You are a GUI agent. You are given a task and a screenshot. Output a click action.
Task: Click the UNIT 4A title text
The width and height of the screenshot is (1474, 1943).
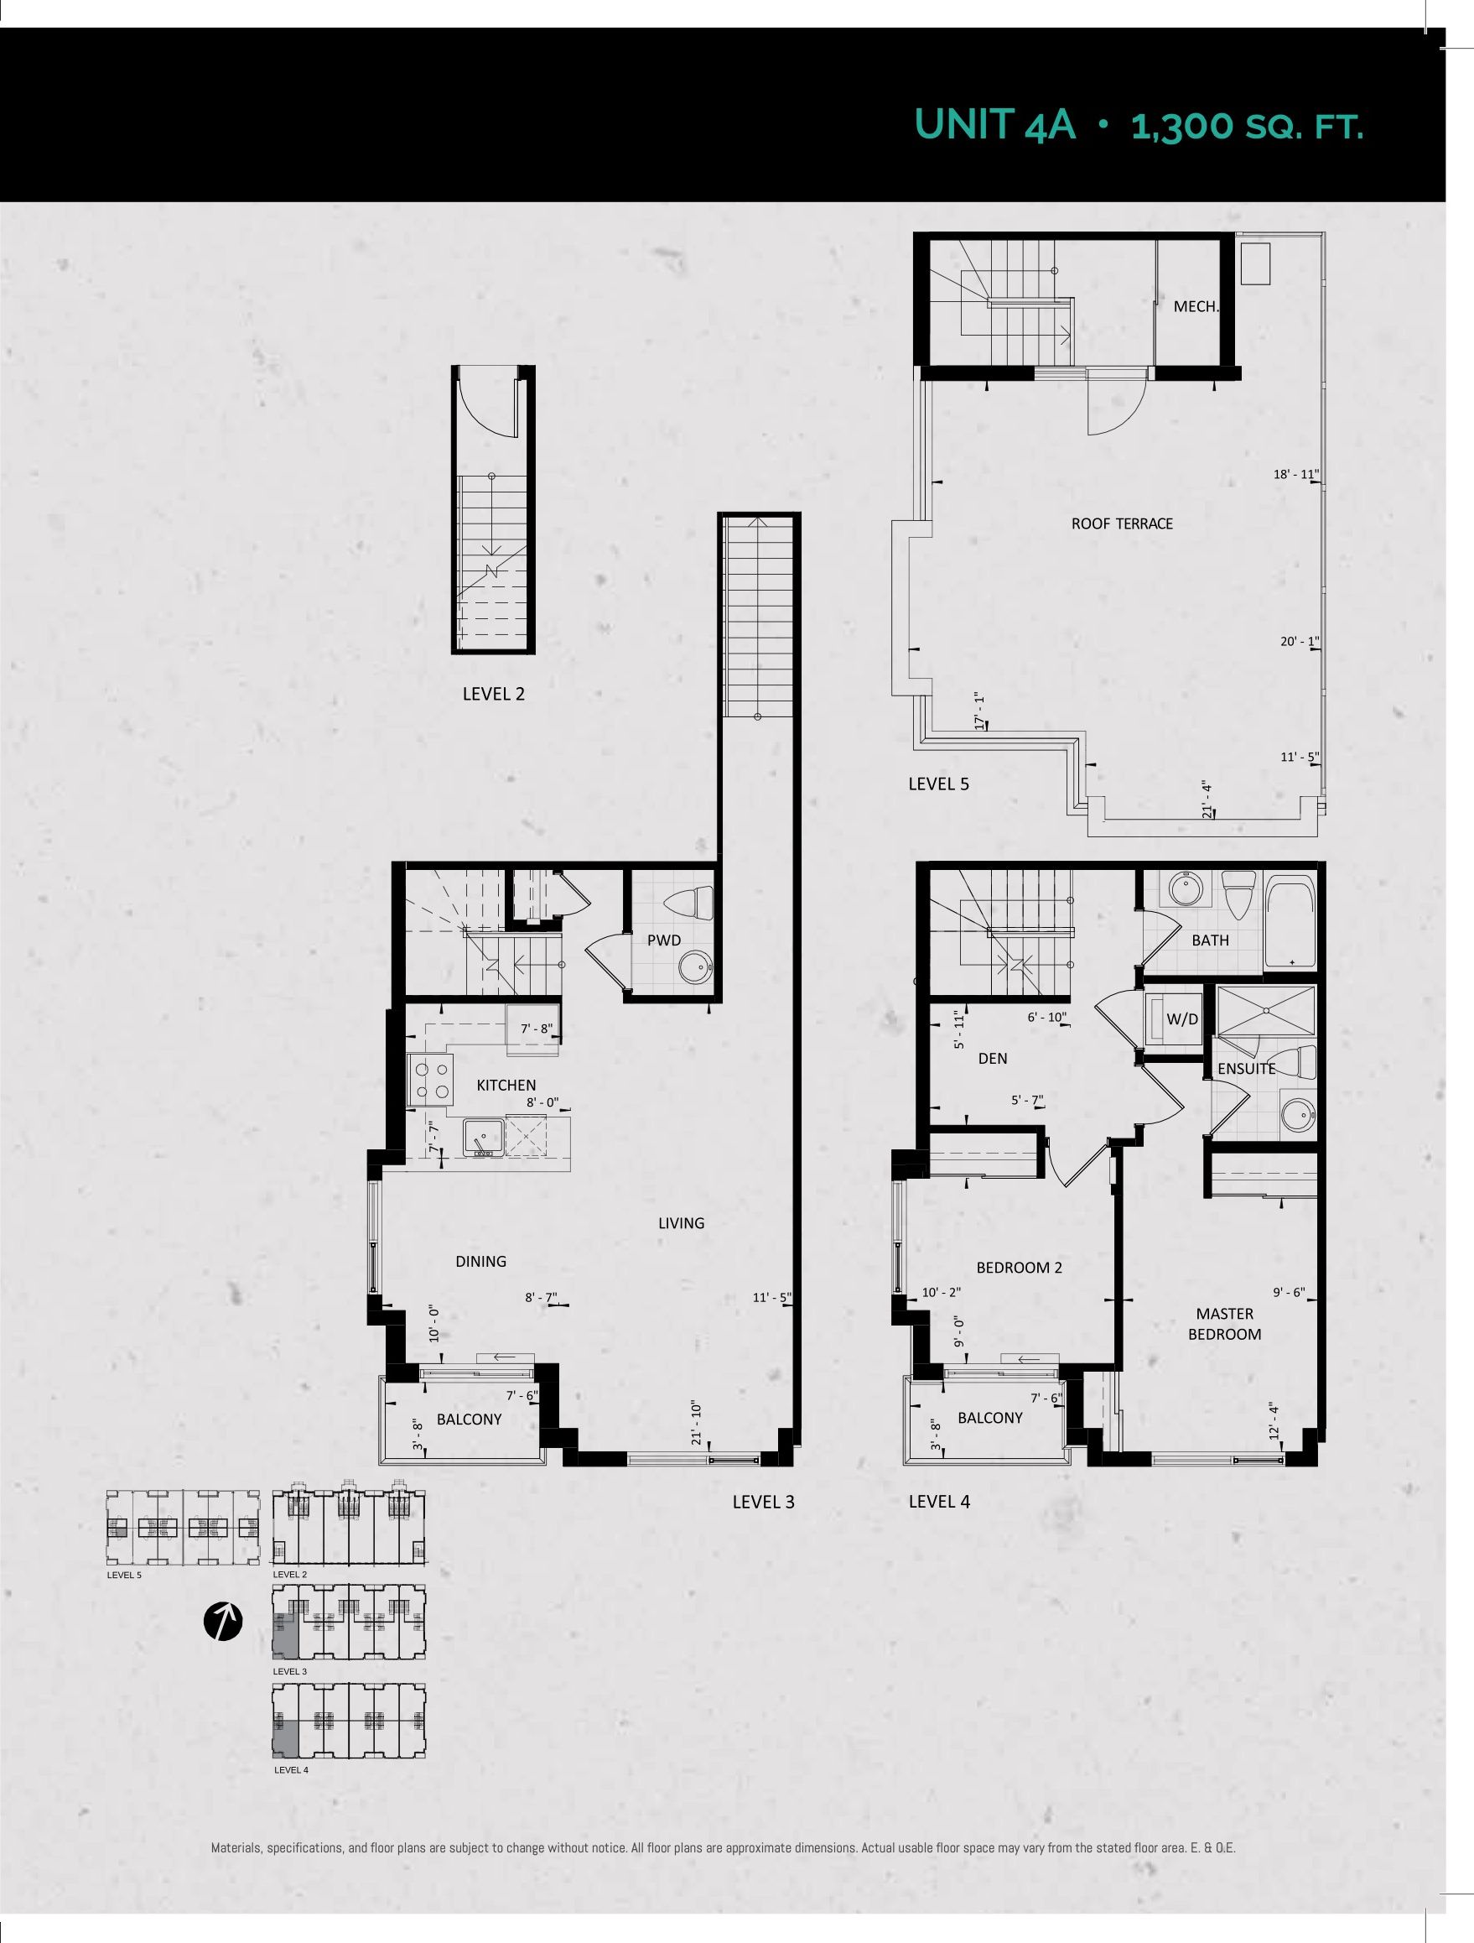[x=995, y=126]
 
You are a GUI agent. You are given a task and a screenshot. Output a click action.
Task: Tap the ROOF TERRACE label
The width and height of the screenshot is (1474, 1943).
[x=1121, y=524]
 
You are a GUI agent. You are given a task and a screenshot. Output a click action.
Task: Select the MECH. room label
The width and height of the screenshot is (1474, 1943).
[x=1196, y=306]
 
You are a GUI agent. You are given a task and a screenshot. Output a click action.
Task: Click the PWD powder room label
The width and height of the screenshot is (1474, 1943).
[x=664, y=940]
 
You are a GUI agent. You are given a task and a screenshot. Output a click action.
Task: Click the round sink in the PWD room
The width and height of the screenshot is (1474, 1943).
[x=697, y=968]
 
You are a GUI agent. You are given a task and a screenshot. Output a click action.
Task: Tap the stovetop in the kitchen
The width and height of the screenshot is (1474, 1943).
[x=429, y=1081]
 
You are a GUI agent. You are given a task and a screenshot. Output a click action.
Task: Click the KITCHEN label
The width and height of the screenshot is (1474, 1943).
[x=506, y=1086]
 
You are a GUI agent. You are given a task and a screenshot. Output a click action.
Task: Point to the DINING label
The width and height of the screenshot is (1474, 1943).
[x=480, y=1262]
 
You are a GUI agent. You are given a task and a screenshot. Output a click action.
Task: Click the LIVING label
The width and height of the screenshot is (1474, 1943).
[x=682, y=1222]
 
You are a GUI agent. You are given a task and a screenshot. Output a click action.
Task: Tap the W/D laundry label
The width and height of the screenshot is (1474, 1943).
[x=1181, y=1020]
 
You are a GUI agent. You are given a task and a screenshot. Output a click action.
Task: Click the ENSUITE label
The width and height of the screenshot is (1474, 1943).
[x=1246, y=1069]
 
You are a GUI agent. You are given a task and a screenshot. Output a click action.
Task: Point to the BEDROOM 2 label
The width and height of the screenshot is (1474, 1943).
[x=1020, y=1268]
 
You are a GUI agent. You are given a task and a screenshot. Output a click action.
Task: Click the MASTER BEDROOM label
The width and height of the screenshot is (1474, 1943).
[x=1225, y=1324]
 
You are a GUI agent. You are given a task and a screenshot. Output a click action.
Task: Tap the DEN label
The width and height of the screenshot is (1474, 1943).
[x=992, y=1059]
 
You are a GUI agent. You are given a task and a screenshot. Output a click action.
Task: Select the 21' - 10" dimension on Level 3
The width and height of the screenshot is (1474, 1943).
[x=696, y=1423]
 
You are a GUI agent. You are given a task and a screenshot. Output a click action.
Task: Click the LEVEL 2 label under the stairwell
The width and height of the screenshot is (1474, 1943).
[x=493, y=694]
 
